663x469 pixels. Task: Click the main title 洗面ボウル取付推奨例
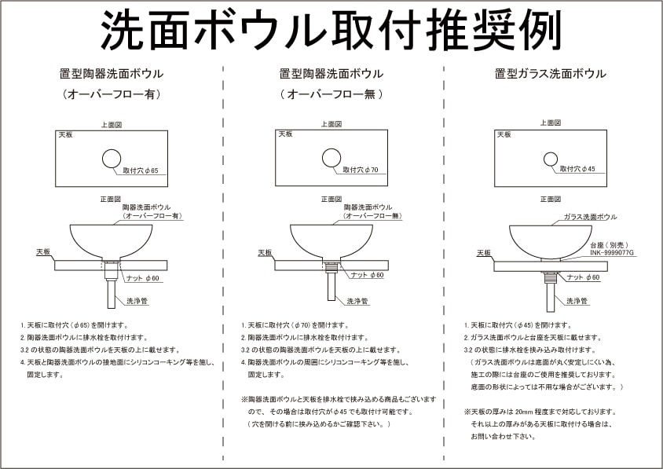tap(331, 31)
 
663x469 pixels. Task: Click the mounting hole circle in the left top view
tap(112, 159)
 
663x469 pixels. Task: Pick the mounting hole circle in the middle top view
tap(331, 159)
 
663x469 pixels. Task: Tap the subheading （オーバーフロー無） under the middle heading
tap(331, 94)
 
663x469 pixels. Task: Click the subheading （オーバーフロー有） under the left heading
tap(112, 94)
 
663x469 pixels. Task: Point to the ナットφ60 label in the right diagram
tap(583, 277)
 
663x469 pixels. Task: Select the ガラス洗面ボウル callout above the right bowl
tap(590, 217)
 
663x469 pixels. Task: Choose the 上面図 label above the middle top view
tap(331, 124)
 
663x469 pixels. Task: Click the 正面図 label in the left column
tap(111, 199)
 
